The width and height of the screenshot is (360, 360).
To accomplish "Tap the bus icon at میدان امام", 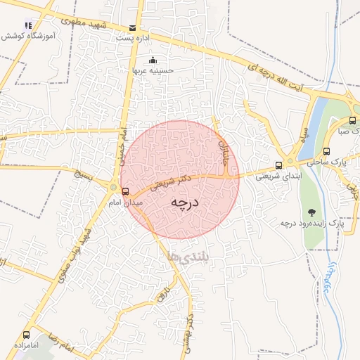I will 126,191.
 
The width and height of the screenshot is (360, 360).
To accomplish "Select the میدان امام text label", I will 124,202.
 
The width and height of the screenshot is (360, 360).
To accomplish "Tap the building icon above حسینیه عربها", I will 154,60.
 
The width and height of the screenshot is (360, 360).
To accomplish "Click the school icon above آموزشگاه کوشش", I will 28,25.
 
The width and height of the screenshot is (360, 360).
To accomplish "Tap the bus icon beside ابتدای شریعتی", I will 279,165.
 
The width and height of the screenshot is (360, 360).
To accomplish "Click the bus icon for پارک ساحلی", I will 327,151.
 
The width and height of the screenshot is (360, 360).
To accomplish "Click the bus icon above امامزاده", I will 27,335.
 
